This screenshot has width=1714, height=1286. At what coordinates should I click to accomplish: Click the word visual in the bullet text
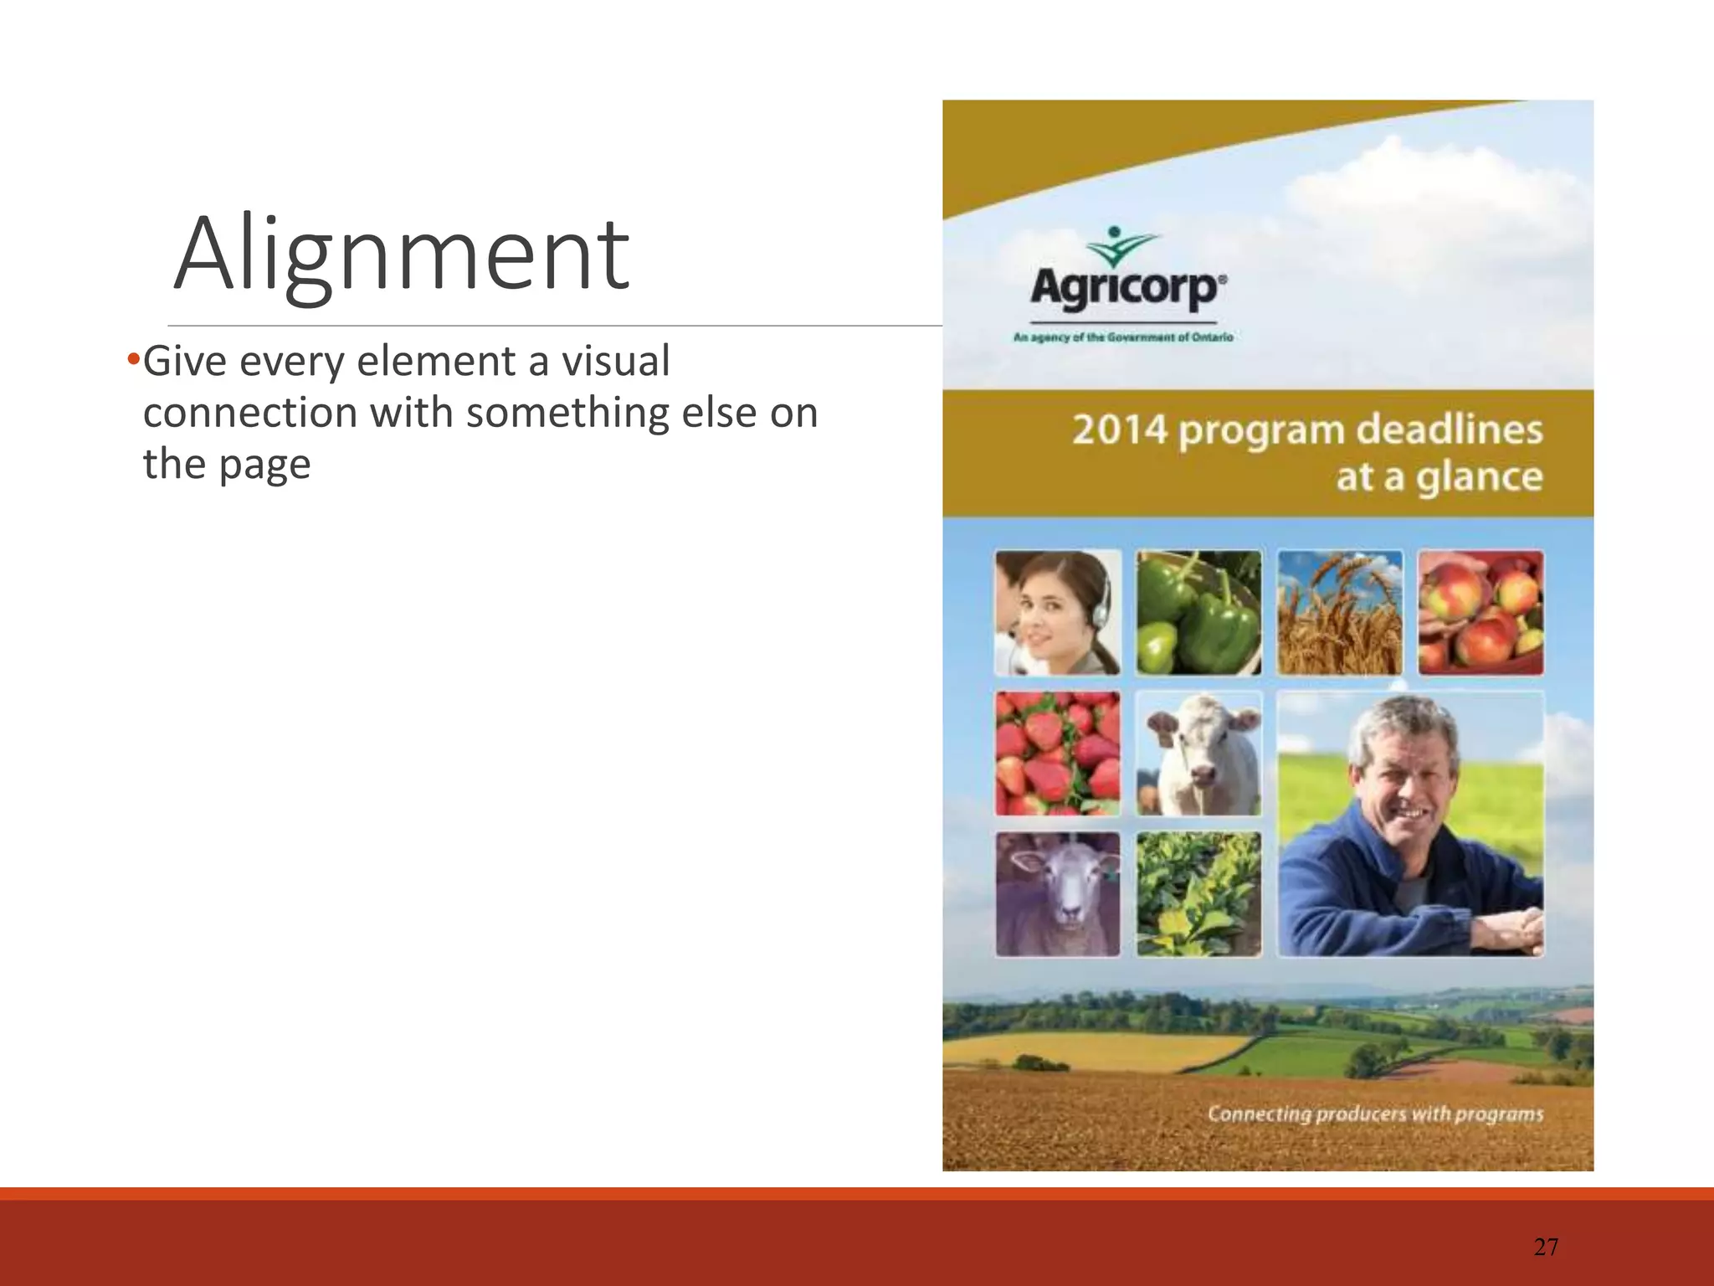(x=615, y=362)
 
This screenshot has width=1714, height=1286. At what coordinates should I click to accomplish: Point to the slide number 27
(x=1546, y=1247)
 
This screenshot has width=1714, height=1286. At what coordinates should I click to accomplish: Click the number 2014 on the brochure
(x=1119, y=430)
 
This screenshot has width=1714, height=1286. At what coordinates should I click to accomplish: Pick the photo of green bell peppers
(x=1198, y=613)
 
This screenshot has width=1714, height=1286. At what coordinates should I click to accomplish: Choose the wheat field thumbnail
(x=1339, y=613)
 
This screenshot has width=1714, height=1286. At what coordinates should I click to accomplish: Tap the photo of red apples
(x=1480, y=613)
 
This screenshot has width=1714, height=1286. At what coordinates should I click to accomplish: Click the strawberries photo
(x=1058, y=754)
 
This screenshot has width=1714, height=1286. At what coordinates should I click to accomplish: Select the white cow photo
(x=1198, y=754)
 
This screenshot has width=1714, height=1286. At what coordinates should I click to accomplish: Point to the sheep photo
(x=1058, y=894)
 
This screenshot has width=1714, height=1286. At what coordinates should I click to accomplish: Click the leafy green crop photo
(x=1198, y=894)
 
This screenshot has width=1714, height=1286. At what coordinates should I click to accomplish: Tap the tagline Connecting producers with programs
(x=1374, y=1114)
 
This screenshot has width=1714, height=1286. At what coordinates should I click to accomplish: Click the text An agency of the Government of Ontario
(x=1123, y=337)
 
